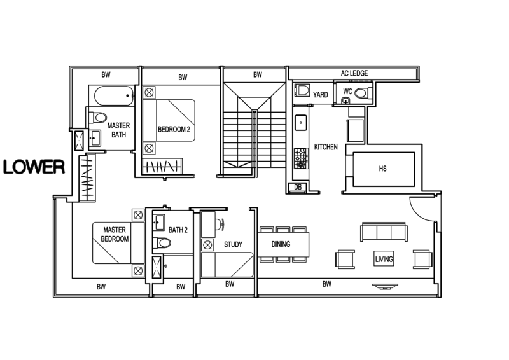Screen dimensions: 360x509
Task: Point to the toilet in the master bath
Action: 99,117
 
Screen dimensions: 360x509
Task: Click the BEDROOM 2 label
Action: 173,129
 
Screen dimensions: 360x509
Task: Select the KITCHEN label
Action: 325,148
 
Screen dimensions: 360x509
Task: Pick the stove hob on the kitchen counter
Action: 298,155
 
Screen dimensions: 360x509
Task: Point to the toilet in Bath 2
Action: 162,242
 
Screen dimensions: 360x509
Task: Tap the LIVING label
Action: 382,259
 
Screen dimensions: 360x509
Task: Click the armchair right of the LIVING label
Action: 420,260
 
